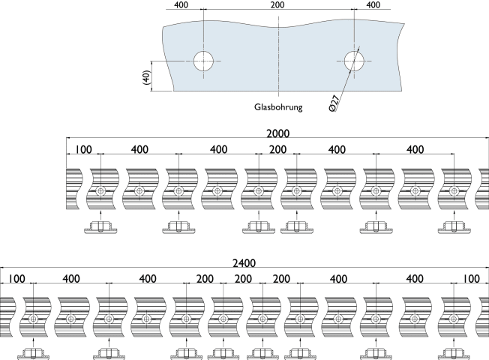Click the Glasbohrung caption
[278, 108]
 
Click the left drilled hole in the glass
[202, 61]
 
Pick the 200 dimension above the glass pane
[277, 5]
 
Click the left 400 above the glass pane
[181, 5]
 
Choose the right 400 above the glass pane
[373, 5]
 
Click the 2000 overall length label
[278, 133]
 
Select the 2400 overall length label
[244, 263]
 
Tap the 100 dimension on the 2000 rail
[83, 150]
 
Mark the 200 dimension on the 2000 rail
[277, 150]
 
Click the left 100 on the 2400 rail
[16, 280]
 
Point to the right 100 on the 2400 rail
[471, 280]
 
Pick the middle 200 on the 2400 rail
[243, 280]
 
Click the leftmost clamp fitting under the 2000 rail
[100, 226]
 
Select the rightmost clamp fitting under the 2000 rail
[452, 226]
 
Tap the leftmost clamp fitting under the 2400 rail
[33, 353]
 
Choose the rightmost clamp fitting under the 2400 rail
[452, 353]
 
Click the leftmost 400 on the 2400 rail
[71, 280]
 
